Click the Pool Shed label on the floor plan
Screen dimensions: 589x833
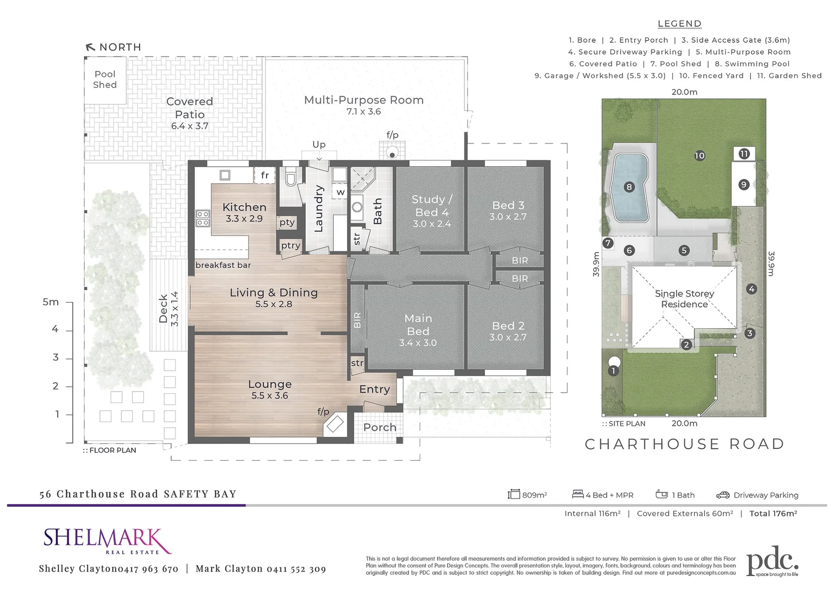click(x=105, y=80)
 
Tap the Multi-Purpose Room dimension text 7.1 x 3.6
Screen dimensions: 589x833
click(x=364, y=112)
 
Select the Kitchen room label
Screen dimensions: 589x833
click(x=244, y=207)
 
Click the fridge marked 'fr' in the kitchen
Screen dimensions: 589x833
click(x=264, y=175)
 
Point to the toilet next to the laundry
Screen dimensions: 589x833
click(x=291, y=179)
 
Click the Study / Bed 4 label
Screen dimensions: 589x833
click(x=432, y=206)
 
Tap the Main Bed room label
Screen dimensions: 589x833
click(x=418, y=324)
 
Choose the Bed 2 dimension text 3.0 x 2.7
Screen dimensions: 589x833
click(x=508, y=338)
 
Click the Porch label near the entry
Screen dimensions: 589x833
click(x=379, y=427)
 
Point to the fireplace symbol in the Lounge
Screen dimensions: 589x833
click(x=334, y=424)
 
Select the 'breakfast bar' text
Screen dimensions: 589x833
click(x=223, y=265)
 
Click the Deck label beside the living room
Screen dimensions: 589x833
click(x=163, y=309)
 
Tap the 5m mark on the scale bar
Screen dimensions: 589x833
click(x=51, y=302)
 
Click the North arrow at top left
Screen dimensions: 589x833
click(x=90, y=47)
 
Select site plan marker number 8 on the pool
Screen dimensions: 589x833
click(x=629, y=187)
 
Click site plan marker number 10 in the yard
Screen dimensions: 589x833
click(x=699, y=155)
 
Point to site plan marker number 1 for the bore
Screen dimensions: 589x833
click(x=613, y=371)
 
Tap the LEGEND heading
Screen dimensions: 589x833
click(x=679, y=23)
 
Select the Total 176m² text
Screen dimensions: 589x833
click(x=773, y=513)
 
